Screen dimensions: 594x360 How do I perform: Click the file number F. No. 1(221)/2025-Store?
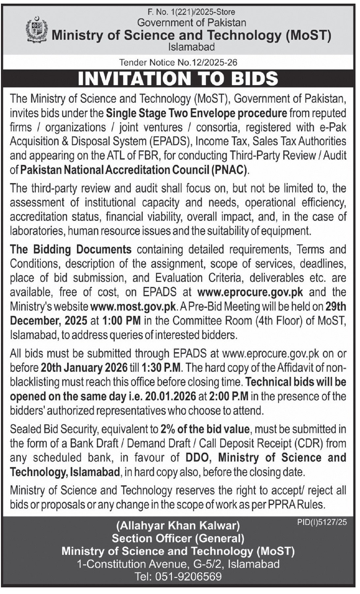(x=191, y=12)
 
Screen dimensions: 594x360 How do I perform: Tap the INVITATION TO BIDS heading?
(x=178, y=78)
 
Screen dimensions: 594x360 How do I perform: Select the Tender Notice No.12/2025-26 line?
(x=178, y=62)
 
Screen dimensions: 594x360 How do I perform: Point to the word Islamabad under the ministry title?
(x=191, y=47)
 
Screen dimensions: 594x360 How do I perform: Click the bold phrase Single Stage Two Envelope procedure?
(x=196, y=113)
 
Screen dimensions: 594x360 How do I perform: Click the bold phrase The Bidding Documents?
(x=71, y=249)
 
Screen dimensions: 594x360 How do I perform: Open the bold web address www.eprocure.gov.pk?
(x=250, y=292)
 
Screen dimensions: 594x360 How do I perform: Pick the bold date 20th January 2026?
(x=84, y=367)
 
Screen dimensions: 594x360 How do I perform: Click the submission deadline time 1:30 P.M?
(x=162, y=367)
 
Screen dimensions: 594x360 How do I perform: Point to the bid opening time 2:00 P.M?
(x=228, y=396)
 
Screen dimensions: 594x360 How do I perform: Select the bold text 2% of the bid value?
(x=205, y=429)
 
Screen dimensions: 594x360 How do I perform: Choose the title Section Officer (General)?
(x=178, y=538)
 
